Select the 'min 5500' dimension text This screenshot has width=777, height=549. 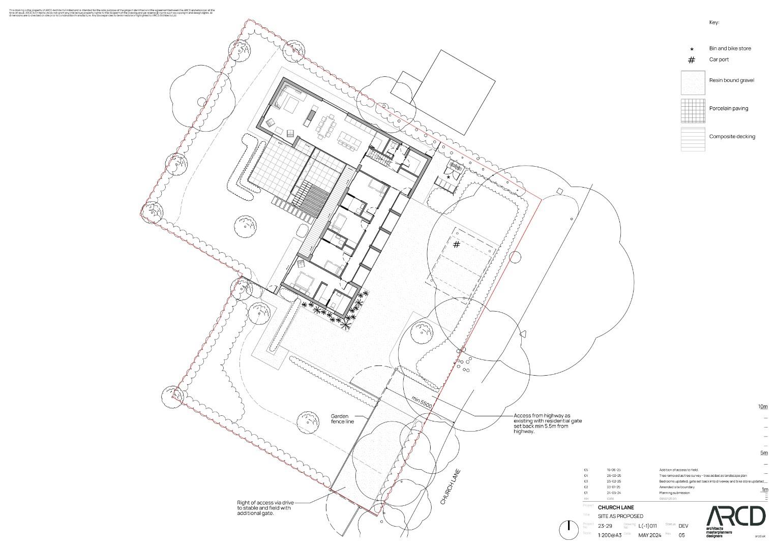pyautogui.click(x=422, y=402)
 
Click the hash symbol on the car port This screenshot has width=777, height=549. pyautogui.click(x=457, y=245)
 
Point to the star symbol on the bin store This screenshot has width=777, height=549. pyautogui.click(x=448, y=177)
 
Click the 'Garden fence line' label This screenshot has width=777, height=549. pyautogui.click(x=342, y=418)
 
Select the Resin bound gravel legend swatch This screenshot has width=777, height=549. pyautogui.click(x=693, y=82)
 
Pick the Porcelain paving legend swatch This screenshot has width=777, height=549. pyautogui.click(x=693, y=111)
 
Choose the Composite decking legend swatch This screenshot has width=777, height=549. pyautogui.click(x=693, y=139)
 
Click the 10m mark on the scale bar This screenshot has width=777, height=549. pyautogui.click(x=763, y=407)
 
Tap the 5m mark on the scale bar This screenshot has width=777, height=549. pyautogui.click(x=763, y=453)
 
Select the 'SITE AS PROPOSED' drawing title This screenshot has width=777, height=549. pyautogui.click(x=620, y=516)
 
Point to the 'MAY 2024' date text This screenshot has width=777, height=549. pyautogui.click(x=650, y=535)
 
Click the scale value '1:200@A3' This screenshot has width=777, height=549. pyautogui.click(x=610, y=535)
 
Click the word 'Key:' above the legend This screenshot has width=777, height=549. pyautogui.click(x=714, y=22)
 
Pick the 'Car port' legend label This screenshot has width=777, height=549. pyautogui.click(x=719, y=59)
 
